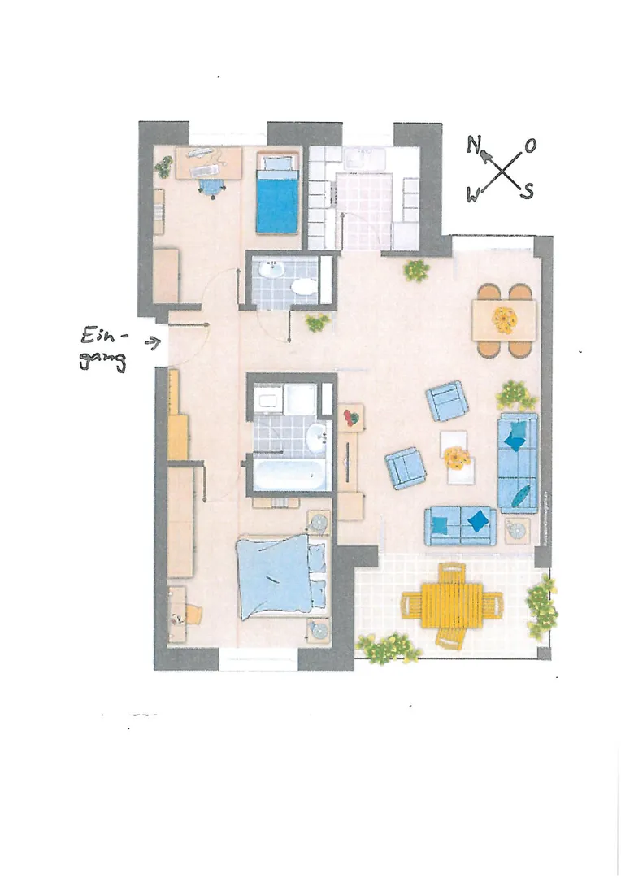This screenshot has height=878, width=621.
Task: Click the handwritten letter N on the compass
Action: [474, 146]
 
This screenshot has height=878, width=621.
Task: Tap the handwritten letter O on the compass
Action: [530, 146]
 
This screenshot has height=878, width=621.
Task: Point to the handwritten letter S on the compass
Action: [527, 192]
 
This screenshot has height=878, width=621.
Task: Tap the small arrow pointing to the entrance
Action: [152, 341]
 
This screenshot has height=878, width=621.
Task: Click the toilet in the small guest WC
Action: [304, 287]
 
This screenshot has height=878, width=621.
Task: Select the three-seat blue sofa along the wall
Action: [518, 463]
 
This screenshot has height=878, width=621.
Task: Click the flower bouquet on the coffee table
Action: [458, 458]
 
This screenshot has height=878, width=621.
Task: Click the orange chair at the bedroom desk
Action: [193, 614]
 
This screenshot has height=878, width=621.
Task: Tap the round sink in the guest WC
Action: [272, 269]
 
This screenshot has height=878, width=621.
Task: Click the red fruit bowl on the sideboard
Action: [351, 417]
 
